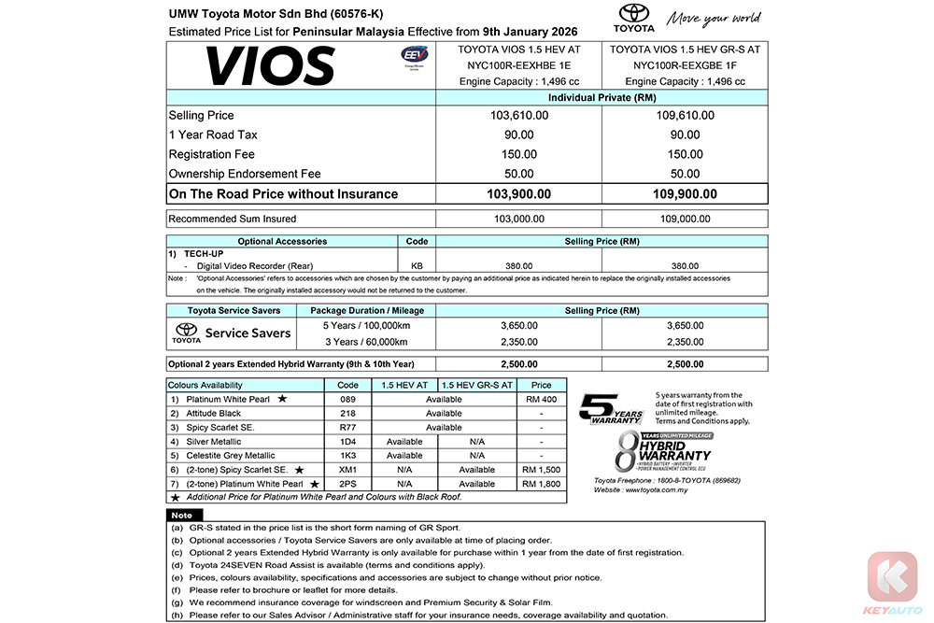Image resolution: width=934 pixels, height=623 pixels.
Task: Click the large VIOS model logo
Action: click(270, 65)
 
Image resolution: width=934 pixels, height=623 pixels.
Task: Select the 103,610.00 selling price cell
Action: click(519, 115)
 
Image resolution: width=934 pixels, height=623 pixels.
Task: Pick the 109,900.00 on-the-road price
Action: click(685, 194)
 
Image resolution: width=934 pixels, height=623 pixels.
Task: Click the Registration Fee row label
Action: click(212, 154)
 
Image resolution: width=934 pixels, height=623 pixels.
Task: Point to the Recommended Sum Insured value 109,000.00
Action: click(685, 219)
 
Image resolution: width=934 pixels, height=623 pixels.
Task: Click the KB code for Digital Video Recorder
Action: click(417, 265)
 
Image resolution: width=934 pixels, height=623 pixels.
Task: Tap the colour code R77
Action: click(347, 428)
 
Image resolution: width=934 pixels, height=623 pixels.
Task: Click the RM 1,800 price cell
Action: click(542, 484)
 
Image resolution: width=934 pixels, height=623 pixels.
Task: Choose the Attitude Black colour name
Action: click(214, 414)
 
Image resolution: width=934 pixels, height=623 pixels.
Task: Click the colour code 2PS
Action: click(347, 484)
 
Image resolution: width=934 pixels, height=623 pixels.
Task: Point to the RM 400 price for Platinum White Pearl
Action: click(542, 400)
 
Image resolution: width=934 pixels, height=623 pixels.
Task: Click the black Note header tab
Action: click(182, 516)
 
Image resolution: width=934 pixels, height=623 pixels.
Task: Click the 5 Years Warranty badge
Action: click(612, 408)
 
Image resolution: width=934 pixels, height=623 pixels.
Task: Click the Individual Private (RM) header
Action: click(601, 97)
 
